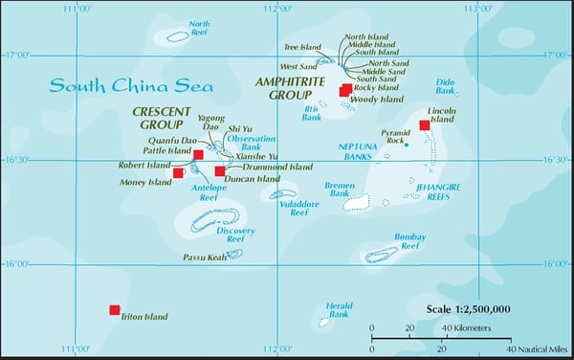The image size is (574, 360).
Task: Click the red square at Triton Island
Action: pyautogui.click(x=115, y=310)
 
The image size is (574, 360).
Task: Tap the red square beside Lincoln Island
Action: pyautogui.click(x=425, y=125)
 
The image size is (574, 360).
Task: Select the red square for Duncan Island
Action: pyautogui.click(x=220, y=171)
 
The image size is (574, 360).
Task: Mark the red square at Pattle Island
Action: pyautogui.click(x=198, y=154)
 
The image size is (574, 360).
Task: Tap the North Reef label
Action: pyautogui.click(x=200, y=29)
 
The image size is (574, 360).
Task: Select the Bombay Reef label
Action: pyautogui.click(x=409, y=241)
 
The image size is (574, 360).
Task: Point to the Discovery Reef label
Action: pyautogui.click(x=236, y=236)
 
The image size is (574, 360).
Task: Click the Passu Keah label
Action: pyautogui.click(x=203, y=258)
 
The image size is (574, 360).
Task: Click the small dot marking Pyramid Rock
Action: pyautogui.click(x=406, y=146)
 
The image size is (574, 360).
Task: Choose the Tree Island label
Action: pyautogui.click(x=304, y=45)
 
